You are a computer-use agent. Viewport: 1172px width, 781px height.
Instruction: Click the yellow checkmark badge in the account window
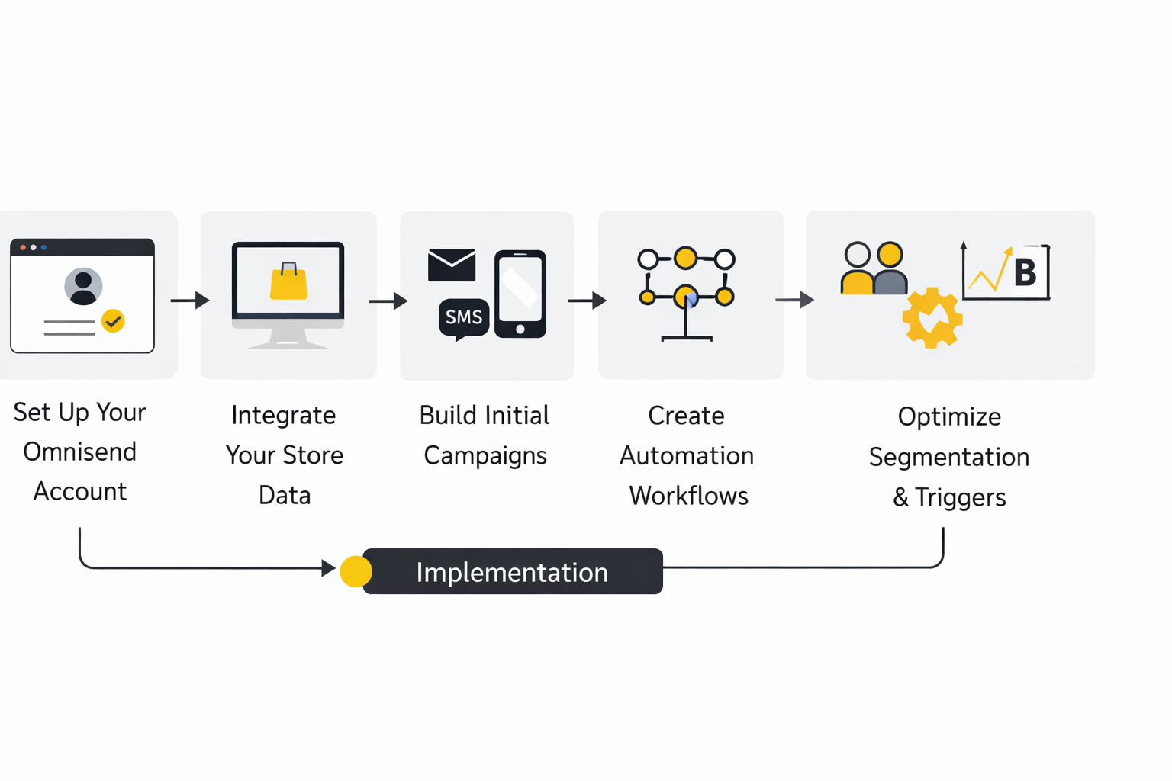click(113, 321)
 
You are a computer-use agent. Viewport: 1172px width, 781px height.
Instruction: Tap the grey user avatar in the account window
click(83, 286)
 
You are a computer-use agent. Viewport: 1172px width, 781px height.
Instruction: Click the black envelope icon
click(452, 265)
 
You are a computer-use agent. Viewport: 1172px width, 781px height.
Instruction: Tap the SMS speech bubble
click(463, 317)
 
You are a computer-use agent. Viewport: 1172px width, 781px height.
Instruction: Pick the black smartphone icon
click(520, 294)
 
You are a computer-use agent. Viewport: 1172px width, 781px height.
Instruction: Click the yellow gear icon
click(932, 318)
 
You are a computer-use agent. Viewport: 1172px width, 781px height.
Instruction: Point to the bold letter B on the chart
click(1025, 272)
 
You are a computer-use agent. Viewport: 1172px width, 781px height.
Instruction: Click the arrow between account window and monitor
click(190, 301)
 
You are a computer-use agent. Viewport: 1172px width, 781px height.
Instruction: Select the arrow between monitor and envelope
click(388, 301)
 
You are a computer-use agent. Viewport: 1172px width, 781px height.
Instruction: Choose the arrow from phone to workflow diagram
click(587, 301)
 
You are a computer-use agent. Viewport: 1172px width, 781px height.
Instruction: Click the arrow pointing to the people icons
click(794, 300)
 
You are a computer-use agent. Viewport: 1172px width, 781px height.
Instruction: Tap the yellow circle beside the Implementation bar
click(356, 571)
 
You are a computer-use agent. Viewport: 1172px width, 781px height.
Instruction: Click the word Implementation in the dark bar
click(512, 572)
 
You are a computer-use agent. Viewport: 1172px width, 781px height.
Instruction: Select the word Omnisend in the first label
click(80, 452)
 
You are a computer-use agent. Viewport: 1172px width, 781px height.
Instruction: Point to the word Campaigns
click(485, 455)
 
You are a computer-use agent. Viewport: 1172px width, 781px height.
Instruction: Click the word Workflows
click(688, 496)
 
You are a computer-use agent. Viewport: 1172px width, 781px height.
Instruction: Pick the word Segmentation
click(949, 457)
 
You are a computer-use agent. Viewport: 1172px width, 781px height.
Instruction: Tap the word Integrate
click(283, 415)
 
